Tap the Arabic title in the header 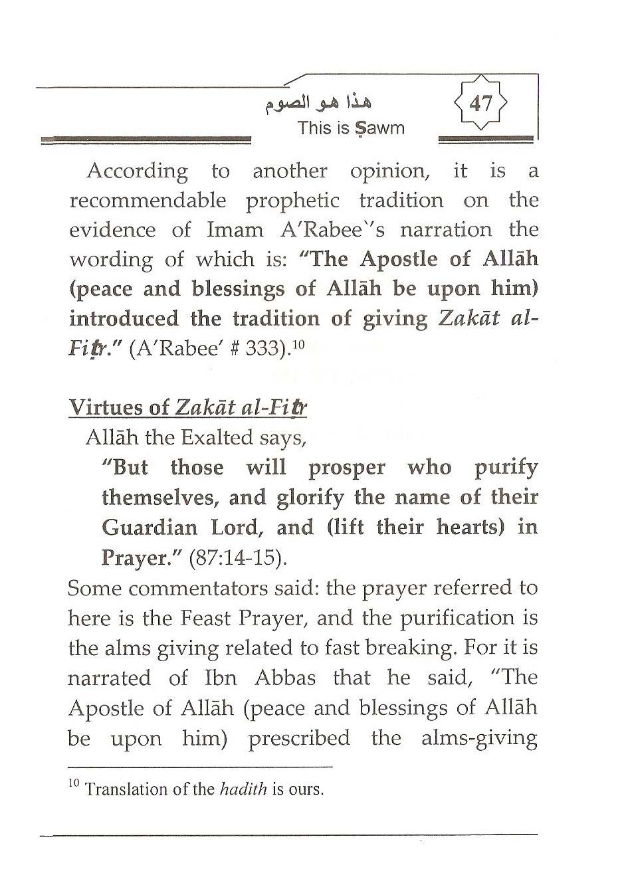[x=317, y=103]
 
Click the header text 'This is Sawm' [x=351, y=128]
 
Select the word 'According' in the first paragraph [x=138, y=171]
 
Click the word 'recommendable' [x=148, y=201]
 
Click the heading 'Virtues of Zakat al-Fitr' [x=188, y=408]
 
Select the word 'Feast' [x=205, y=618]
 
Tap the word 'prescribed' [x=299, y=738]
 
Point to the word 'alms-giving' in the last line [x=479, y=738]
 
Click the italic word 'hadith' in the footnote [x=243, y=790]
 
